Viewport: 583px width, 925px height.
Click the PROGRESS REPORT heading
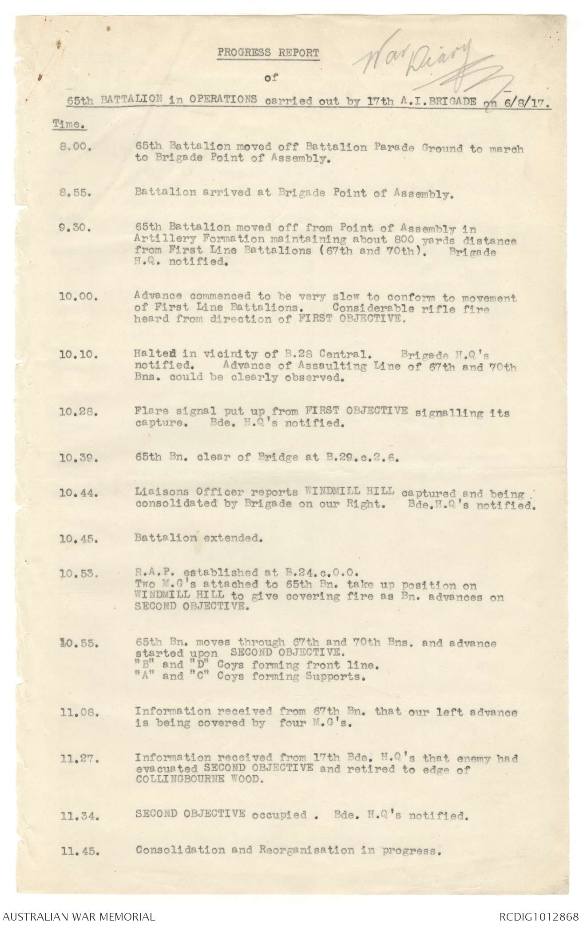tap(268, 52)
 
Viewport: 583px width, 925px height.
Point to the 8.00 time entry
tap(75, 150)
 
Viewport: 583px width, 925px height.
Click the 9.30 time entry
tap(75, 229)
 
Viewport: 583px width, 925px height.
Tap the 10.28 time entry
tap(78, 412)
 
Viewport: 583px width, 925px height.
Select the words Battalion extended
tap(198, 538)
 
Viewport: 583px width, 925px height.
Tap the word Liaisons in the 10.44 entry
tap(159, 492)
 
